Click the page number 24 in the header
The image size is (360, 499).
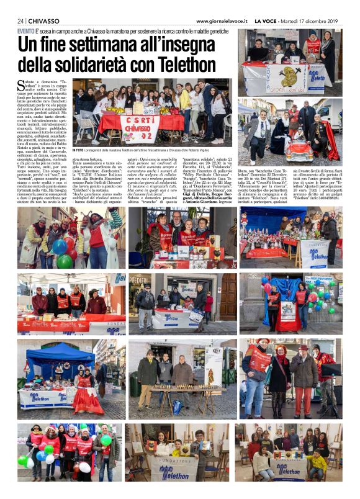pos(21,20)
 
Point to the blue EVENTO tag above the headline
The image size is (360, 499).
pos(26,30)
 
